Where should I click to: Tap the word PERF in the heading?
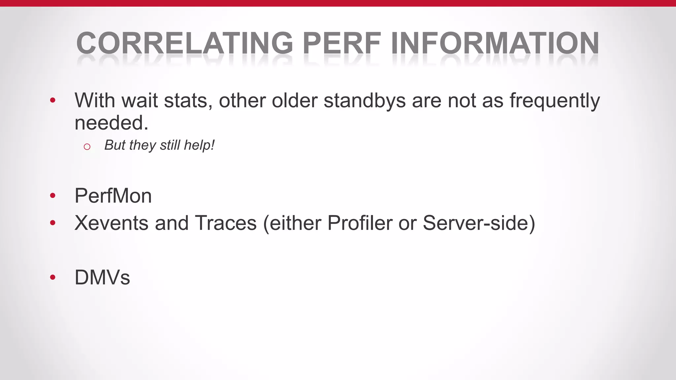click(342, 43)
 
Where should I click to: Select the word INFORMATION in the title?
click(495, 43)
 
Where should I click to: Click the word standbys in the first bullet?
click(364, 100)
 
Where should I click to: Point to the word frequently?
click(555, 101)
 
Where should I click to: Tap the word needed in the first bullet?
click(109, 123)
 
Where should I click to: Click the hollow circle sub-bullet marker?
click(87, 147)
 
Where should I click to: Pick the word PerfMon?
click(113, 196)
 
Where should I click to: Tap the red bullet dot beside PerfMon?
click(53, 196)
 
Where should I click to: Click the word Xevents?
click(112, 223)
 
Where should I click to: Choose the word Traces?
click(226, 223)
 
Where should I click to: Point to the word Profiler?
click(359, 223)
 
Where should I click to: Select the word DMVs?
click(102, 277)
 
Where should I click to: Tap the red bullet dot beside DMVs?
click(53, 277)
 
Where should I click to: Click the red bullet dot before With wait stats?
click(53, 100)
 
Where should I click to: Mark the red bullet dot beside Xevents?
click(53, 223)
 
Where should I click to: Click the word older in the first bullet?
click(294, 100)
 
